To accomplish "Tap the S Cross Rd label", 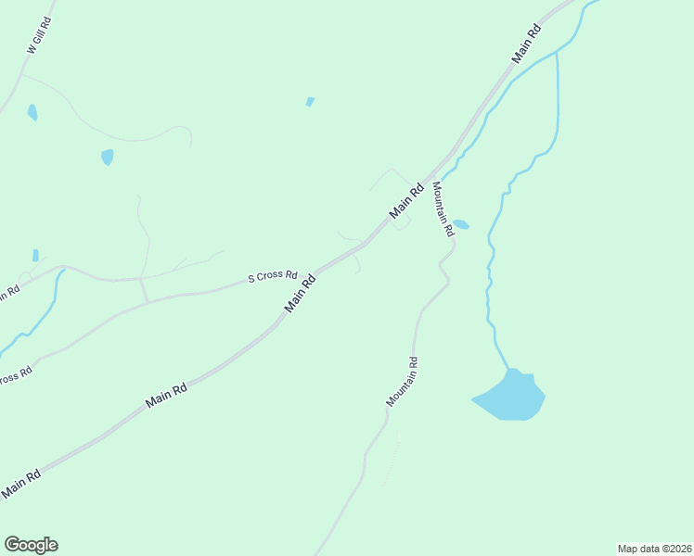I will [x=272, y=276].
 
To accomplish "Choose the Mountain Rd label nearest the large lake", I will [x=404, y=382].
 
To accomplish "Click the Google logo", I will [x=31, y=545].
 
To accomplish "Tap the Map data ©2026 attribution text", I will [x=654, y=549].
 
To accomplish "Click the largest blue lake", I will [x=510, y=396].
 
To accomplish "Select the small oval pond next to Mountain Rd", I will [x=461, y=224].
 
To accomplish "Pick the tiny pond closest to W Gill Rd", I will [x=32, y=112].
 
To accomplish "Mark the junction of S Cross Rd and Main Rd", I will [x=313, y=275].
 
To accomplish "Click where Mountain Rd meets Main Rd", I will [x=430, y=177].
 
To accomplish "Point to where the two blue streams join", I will [x=557, y=52].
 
